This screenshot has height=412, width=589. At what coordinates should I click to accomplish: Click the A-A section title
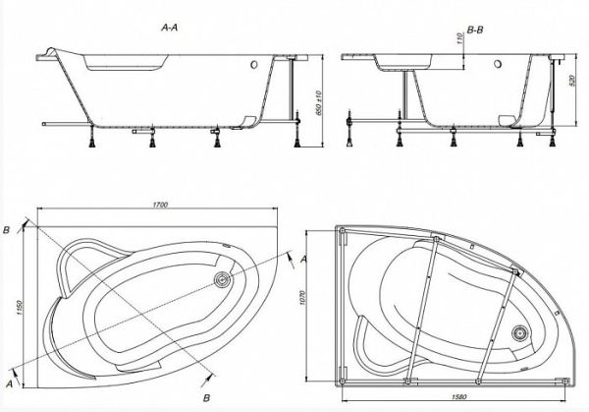click(169, 28)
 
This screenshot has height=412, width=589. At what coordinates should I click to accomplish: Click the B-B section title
click(475, 29)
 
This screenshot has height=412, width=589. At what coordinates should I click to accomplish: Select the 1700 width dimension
click(160, 205)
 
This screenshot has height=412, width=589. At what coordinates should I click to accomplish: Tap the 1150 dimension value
click(20, 308)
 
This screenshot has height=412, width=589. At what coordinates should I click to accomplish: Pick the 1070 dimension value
click(303, 298)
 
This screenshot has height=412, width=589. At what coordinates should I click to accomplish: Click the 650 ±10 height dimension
click(319, 102)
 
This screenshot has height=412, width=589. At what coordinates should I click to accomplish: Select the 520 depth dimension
click(572, 81)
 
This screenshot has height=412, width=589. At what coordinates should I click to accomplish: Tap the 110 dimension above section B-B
click(459, 39)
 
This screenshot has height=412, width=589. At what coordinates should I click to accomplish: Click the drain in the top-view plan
click(222, 280)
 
